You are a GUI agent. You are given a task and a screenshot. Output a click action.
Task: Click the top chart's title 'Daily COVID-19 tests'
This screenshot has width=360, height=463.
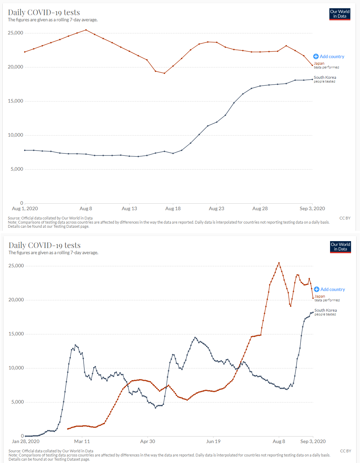click(44, 12)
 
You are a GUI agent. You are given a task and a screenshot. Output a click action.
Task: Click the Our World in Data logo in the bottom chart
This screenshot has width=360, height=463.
click(340, 247)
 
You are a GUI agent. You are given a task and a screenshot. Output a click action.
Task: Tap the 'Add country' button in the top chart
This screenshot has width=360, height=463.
click(329, 56)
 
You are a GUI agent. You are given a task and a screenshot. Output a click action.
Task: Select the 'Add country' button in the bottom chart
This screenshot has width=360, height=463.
click(329, 289)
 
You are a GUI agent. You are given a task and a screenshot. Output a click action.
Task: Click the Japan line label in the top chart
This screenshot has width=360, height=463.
click(319, 63)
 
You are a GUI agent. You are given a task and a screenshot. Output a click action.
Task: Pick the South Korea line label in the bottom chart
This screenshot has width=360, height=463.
click(325, 310)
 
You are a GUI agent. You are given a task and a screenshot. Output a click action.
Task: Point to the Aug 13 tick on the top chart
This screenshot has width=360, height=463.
click(129, 208)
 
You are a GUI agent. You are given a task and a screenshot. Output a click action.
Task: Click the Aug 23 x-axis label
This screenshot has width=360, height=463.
click(216, 208)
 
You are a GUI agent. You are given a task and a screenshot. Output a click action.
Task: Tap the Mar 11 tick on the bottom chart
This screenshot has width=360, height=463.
click(82, 441)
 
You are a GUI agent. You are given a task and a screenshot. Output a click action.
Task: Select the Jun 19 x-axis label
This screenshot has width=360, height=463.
click(213, 441)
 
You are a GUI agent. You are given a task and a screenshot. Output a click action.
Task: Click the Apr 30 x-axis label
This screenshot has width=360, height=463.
click(147, 441)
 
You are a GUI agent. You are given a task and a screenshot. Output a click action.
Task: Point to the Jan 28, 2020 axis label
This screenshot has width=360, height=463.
click(25, 441)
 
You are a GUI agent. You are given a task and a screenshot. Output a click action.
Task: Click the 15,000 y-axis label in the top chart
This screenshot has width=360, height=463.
click(15, 101)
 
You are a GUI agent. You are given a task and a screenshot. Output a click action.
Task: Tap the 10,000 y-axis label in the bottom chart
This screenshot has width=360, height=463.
click(16, 368)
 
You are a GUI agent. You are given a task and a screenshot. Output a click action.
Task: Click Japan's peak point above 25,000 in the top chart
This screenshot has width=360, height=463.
click(86, 30)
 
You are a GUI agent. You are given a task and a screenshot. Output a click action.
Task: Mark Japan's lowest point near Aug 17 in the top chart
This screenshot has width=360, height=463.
click(165, 73)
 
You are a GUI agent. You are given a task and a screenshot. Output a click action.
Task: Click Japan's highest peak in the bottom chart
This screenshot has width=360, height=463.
click(279, 263)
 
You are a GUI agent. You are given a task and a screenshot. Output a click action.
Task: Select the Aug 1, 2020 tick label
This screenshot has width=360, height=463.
click(25, 208)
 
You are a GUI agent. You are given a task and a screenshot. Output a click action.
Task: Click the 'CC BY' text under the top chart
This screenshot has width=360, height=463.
click(345, 218)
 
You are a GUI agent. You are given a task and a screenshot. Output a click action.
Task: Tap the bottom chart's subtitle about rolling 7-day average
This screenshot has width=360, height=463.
click(53, 252)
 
